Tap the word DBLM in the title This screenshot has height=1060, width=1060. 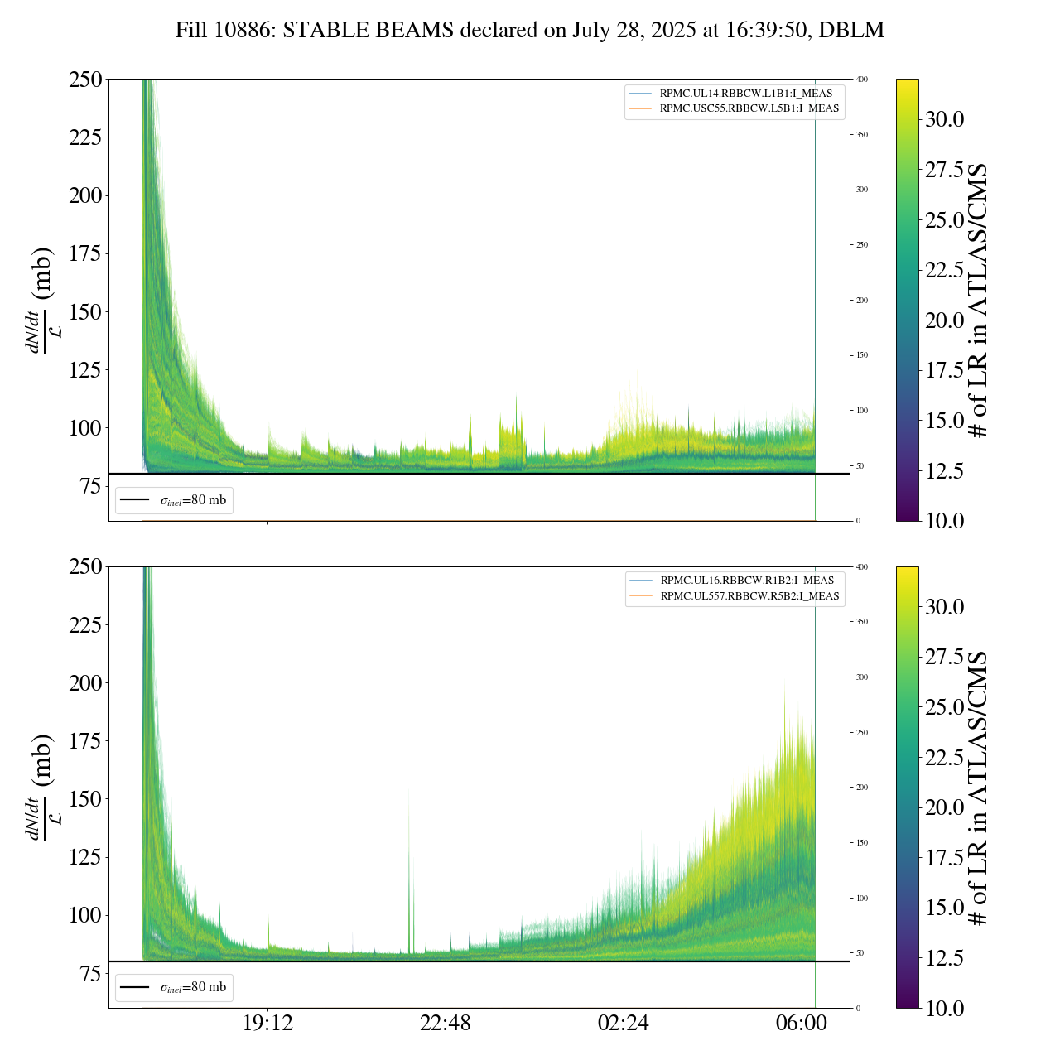tap(855, 31)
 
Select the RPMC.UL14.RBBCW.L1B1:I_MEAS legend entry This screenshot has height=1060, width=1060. tap(745, 94)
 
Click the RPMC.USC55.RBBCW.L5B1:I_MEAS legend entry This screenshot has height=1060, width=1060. tap(749, 108)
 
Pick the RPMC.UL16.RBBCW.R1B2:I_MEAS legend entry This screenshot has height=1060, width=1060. tap(747, 581)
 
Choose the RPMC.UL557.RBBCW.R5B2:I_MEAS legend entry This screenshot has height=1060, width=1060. tap(749, 596)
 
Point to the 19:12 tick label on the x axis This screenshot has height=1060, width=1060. tap(267, 1024)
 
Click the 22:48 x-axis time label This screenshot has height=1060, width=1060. tap(446, 1024)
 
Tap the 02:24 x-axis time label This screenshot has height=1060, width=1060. tap(624, 1024)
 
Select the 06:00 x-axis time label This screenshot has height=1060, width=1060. tap(802, 1024)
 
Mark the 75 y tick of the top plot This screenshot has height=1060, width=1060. tap(89, 486)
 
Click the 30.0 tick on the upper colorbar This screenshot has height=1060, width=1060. tap(944, 119)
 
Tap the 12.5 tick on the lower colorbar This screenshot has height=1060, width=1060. tap(944, 958)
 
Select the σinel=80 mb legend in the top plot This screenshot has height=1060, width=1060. tap(174, 500)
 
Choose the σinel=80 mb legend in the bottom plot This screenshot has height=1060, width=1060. tap(174, 987)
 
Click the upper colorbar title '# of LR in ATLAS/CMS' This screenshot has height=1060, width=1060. tap(979, 300)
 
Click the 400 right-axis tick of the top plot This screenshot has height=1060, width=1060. tap(862, 79)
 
